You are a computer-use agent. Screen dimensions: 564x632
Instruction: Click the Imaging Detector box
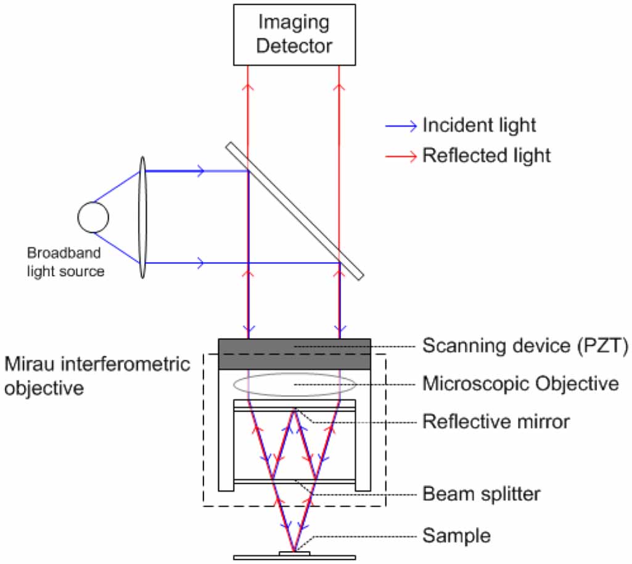coord(294,34)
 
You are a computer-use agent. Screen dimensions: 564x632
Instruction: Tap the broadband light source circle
coord(93,217)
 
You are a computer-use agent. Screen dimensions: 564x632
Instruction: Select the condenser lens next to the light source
coord(142,217)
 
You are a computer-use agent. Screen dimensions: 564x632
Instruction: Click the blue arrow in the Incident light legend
coord(401,126)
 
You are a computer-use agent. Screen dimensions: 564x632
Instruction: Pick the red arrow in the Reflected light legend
coord(401,156)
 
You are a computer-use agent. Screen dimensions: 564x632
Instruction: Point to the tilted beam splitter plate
coord(293,210)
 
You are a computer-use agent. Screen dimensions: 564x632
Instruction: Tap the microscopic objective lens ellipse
coord(294,384)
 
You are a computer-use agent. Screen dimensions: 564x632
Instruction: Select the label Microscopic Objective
coord(520,384)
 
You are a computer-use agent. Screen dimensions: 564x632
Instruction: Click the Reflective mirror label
coord(495,422)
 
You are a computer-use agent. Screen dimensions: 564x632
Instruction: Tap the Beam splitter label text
coord(481,494)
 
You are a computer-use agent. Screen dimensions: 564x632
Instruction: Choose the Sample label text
coord(456,536)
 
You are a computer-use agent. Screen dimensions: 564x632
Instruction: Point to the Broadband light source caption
coord(65,261)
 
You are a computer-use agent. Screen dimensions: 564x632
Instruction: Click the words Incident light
coord(479,126)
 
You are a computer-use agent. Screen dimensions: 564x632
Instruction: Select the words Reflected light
coord(486,155)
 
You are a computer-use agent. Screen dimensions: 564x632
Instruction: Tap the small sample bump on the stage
coord(294,552)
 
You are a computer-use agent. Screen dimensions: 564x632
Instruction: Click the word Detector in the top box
coord(294,46)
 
